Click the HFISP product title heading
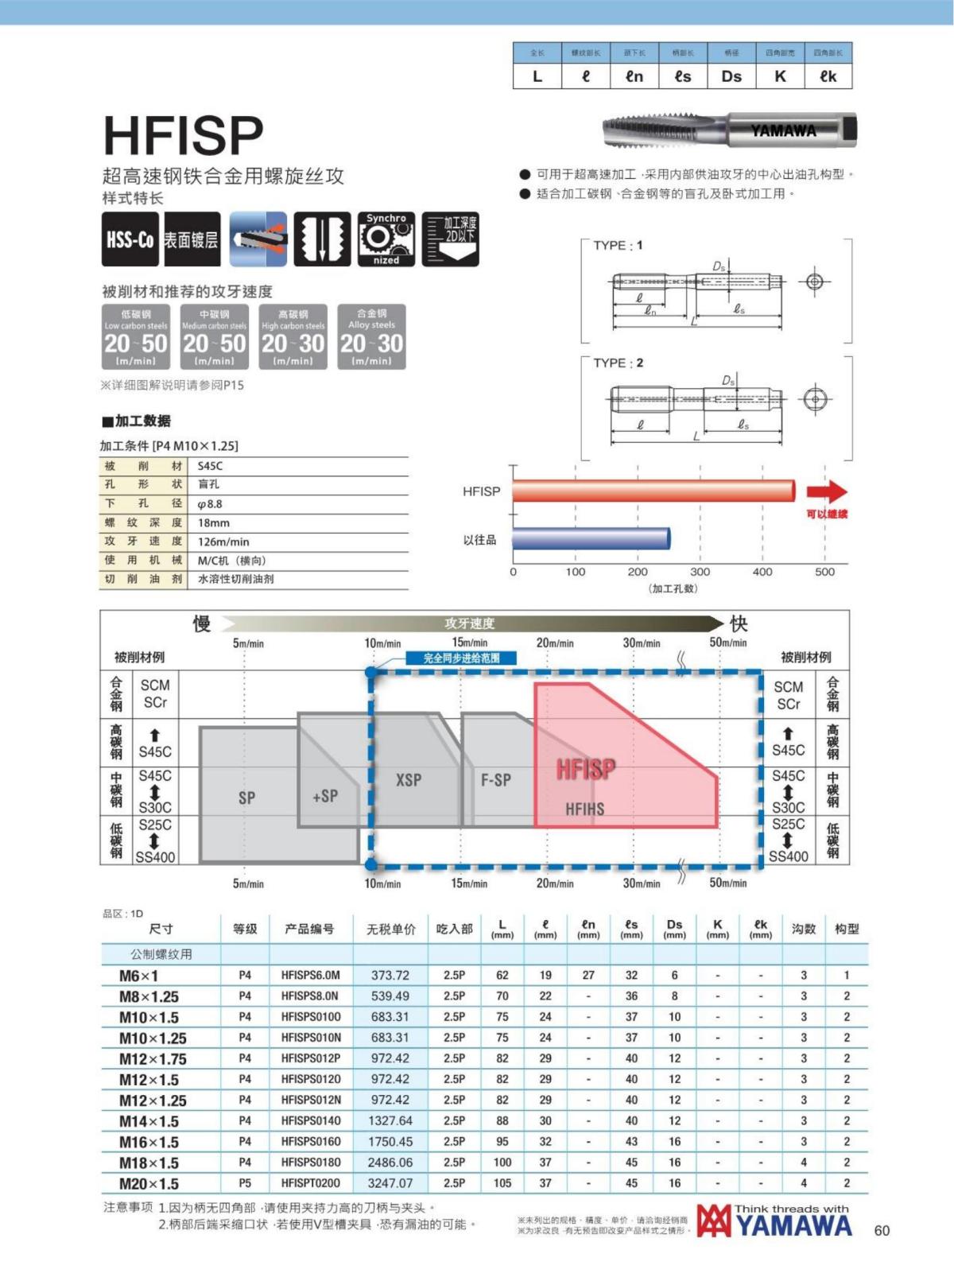pos(184,135)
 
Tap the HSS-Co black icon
pos(130,239)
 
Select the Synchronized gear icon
pos(386,239)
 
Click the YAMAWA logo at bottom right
pos(775,1221)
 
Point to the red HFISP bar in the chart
pos(653,491)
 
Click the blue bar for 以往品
pos(591,539)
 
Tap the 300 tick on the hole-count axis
pos(700,572)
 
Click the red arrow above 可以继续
pos(827,491)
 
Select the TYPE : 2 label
pos(619,363)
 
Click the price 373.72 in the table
pos(390,975)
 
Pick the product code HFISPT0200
pos(311,1183)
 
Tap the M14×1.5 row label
pos(149,1121)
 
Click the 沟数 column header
pos(804,929)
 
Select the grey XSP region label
pos(409,780)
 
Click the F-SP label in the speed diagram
pos(496,780)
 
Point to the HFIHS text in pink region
pos(585,809)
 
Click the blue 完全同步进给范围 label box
pos(462,658)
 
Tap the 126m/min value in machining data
pos(223,542)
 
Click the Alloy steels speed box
pos(371,337)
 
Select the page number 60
pos(882,1231)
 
